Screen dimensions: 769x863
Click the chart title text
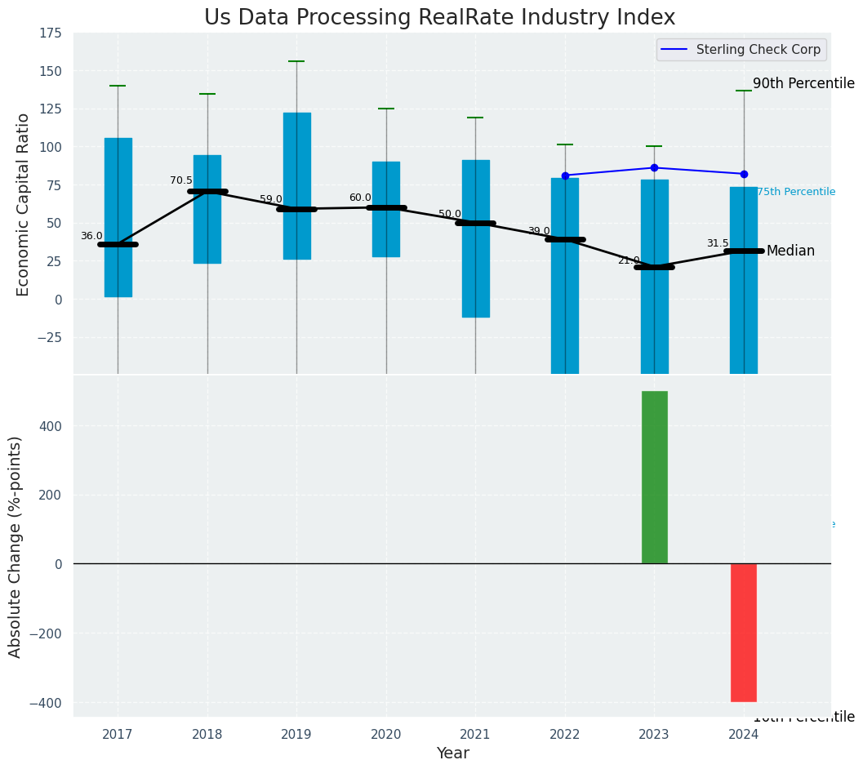point(439,18)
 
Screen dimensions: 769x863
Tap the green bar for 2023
point(654,477)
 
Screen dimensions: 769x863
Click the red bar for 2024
point(743,632)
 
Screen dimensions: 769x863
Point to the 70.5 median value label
point(181,181)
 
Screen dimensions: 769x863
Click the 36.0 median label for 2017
point(91,237)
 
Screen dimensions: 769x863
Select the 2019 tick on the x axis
point(296,735)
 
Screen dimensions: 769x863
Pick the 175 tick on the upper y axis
point(50,33)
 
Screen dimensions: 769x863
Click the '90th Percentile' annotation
point(803,84)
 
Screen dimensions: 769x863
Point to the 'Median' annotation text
point(790,251)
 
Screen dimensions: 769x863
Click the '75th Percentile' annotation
point(796,193)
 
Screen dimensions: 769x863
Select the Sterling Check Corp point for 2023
point(654,168)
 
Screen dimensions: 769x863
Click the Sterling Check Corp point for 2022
point(565,176)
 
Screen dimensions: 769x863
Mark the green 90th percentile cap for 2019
point(296,61)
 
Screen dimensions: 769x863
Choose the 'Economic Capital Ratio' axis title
point(24,204)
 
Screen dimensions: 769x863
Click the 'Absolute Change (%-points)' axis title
point(16,546)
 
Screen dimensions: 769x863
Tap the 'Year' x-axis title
point(452,753)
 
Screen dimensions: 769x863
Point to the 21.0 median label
point(629,261)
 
